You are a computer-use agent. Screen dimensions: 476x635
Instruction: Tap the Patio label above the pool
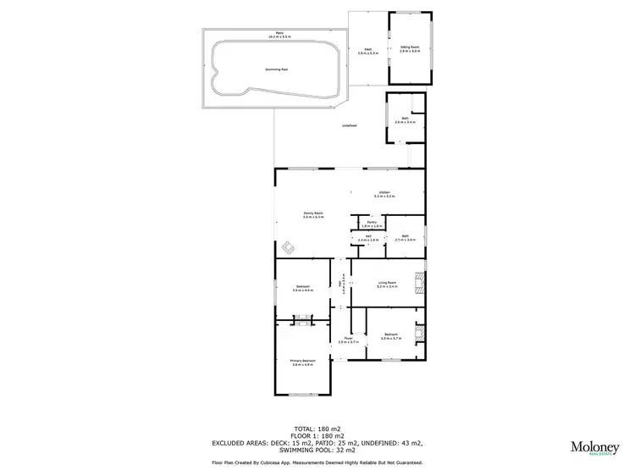(273, 36)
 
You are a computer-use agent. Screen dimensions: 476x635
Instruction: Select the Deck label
(368, 51)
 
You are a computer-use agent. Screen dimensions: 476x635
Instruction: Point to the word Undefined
(348, 126)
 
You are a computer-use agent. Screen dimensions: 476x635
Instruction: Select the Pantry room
(373, 224)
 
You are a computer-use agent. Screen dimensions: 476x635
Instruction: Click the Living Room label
(388, 285)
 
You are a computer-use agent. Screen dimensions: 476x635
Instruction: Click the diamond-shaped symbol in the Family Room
(289, 248)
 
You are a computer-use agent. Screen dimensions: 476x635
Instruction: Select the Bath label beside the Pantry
(406, 238)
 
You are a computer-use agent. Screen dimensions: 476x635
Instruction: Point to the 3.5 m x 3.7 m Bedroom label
(390, 336)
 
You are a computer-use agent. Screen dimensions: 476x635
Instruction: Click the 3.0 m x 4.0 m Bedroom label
(303, 288)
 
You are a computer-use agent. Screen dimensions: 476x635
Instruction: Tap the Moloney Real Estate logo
(594, 449)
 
